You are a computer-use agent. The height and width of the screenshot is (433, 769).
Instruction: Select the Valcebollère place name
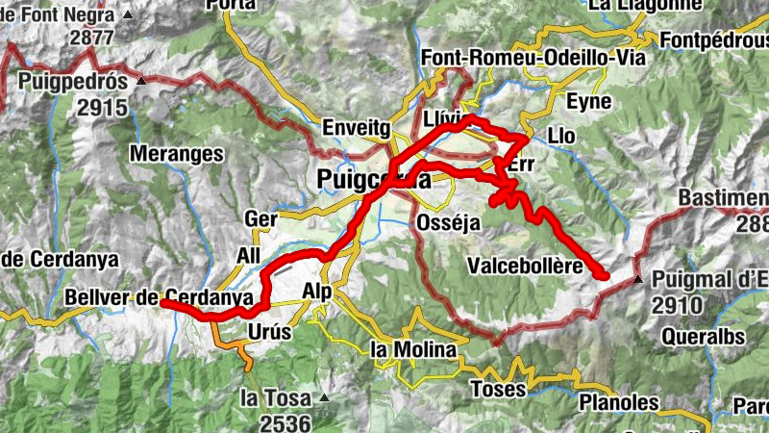click(x=524, y=266)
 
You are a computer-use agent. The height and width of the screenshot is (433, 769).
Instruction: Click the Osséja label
click(x=447, y=221)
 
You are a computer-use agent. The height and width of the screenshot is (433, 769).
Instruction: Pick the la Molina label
click(x=411, y=349)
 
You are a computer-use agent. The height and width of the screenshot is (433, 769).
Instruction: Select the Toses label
click(x=498, y=389)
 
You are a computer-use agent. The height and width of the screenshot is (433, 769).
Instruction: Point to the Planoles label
click(x=619, y=402)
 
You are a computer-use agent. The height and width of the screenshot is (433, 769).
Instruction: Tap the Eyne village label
click(x=589, y=101)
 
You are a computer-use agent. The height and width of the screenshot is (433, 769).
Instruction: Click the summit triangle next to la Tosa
click(x=326, y=396)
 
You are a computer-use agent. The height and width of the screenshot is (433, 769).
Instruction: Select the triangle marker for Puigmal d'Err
click(x=639, y=279)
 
